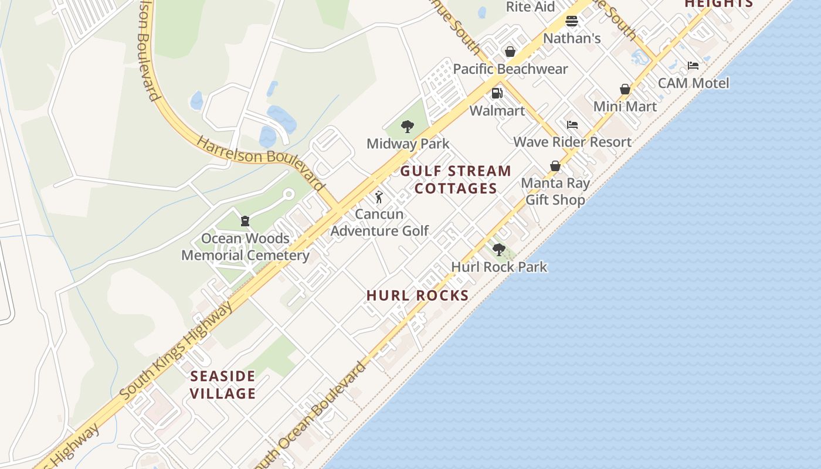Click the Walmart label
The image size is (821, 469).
pos(497,111)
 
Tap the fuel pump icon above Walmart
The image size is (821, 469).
pos(497,93)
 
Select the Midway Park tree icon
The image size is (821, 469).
pos(408,126)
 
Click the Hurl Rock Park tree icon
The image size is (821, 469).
pos(499,250)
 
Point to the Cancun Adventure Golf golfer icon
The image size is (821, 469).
pos(379,197)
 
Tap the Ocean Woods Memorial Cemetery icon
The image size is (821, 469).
pos(245,221)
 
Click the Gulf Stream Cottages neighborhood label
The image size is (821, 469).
pos(456,179)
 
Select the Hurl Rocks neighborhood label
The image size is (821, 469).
pos(418,295)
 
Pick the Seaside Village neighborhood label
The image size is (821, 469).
pos(223,385)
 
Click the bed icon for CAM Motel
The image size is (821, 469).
pos(693,66)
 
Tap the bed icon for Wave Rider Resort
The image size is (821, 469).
pos(572,125)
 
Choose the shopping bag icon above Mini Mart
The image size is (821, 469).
pos(625,89)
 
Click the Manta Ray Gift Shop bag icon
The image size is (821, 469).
pos(555,166)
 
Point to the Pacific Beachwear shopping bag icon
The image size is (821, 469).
pos(510,52)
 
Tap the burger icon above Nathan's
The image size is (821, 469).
pos(572,22)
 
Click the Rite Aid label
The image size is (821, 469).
pos(530,7)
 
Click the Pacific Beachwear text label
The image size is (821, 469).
pos(510,69)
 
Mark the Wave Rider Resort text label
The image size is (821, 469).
pos(572,142)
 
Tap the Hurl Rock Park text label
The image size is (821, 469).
pos(499,267)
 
